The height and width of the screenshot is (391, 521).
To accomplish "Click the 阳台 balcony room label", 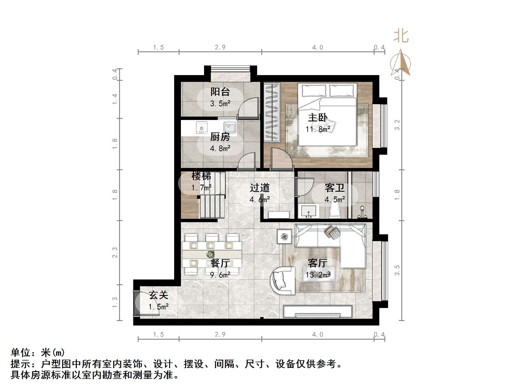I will point(220,92).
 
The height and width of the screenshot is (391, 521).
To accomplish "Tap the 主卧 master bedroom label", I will point(318,117).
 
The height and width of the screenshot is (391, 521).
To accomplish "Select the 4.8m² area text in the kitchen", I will point(220,148).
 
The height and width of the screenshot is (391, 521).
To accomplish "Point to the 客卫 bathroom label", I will point(334,188).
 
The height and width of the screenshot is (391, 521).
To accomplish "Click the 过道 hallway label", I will point(260,188).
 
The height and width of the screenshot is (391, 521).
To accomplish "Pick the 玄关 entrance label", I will point(159,295).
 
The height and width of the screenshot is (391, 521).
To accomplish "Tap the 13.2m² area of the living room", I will point(318,275).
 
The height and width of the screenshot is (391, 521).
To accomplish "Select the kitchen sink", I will point(229,128).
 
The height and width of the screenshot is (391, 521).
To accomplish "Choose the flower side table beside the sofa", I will point(284,237).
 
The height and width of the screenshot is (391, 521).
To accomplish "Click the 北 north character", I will point(401,36).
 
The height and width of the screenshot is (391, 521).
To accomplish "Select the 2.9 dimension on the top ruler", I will point(220,47).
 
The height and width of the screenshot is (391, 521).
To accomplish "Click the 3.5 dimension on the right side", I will point(397,270).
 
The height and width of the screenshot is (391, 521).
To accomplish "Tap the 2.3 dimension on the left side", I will point(115,252).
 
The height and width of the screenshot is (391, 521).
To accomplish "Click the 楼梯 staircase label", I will point(201,176).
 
